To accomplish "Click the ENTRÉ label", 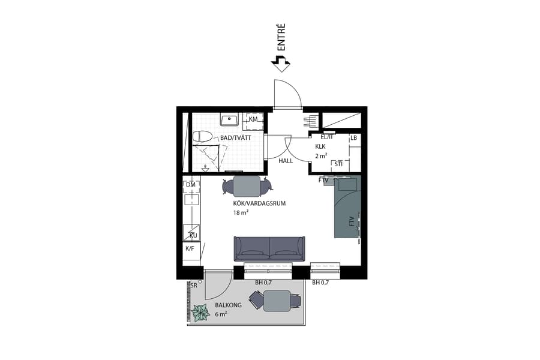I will click(x=280, y=37).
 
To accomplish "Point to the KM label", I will click(x=253, y=120).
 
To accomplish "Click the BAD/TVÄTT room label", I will click(x=235, y=138).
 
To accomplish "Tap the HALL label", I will click(x=286, y=161).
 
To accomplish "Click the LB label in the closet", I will click(x=354, y=138).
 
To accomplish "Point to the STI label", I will click(x=338, y=164).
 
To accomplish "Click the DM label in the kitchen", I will click(x=190, y=184).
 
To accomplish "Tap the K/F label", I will click(x=190, y=248).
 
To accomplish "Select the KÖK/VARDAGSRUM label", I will click(x=259, y=203).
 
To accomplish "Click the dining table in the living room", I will click(x=247, y=187).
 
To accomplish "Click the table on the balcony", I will click(x=277, y=300).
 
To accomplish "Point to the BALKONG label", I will click(x=228, y=305).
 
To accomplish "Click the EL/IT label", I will click(x=327, y=137).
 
